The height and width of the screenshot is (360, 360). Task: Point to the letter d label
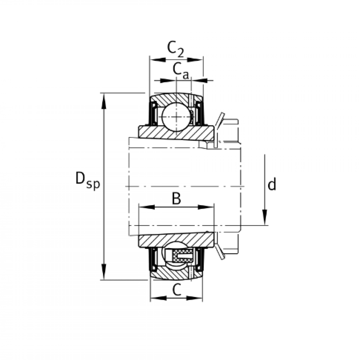272,185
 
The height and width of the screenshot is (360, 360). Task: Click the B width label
176,199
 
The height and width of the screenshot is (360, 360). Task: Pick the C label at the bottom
177,290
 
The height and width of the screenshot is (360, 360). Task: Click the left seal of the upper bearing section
154,113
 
